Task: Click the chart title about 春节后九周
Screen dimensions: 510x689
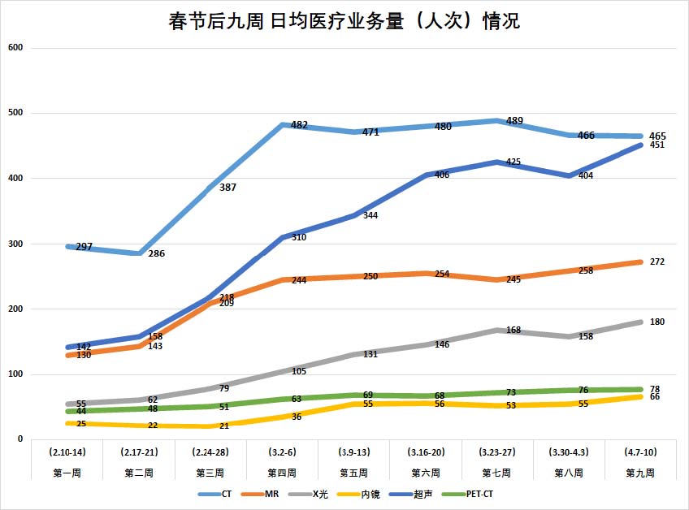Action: [344, 22]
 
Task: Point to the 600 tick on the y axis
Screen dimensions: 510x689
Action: [15, 48]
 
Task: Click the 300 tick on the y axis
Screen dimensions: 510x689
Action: [15, 244]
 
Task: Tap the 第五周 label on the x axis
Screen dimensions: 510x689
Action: [355, 472]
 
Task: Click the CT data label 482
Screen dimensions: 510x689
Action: [299, 125]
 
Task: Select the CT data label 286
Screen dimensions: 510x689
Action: [156, 253]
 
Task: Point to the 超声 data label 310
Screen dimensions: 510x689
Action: [299, 237]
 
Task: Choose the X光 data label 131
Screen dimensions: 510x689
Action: [370, 354]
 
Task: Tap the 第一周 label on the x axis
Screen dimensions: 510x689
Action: [68, 472]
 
